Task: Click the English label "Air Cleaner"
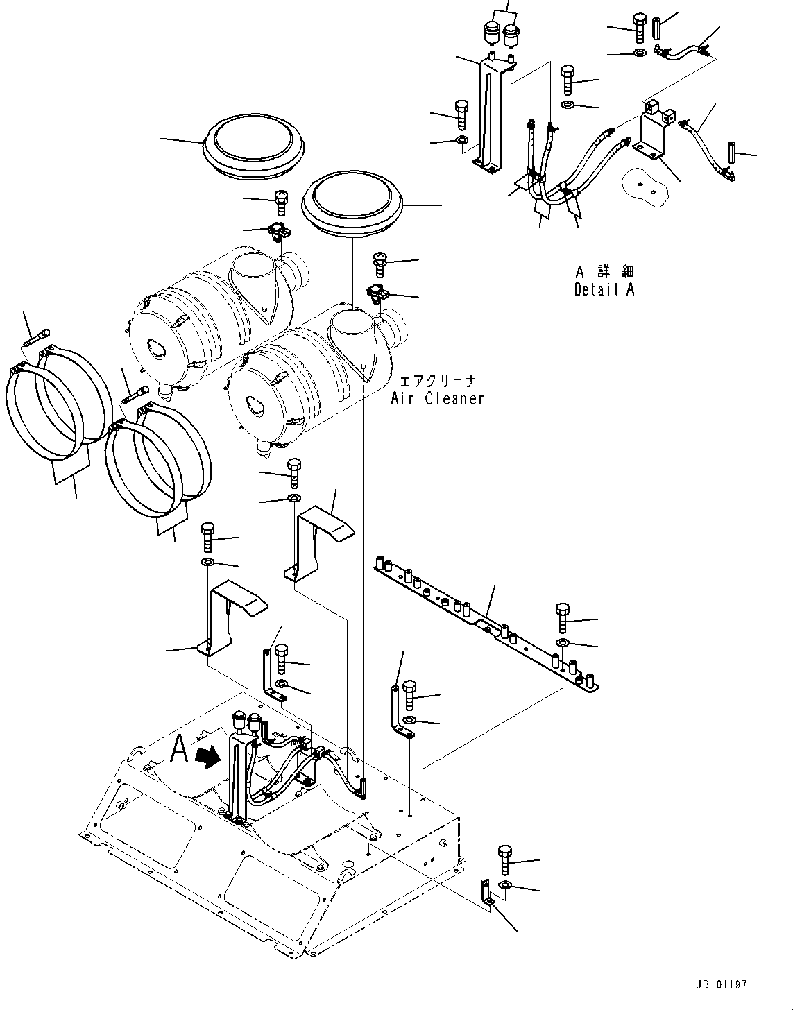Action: click(437, 398)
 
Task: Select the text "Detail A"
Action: click(604, 290)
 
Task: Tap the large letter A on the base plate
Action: click(179, 750)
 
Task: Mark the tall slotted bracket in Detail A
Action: click(493, 114)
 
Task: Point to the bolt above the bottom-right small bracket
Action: click(504, 860)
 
